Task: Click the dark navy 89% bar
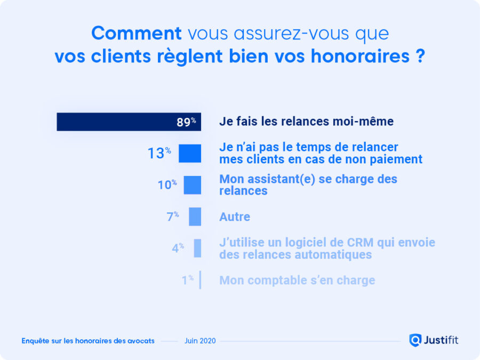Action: click(128, 122)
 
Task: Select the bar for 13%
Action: click(190, 154)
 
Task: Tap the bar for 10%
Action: click(193, 185)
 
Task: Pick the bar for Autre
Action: click(195, 217)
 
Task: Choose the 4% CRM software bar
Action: click(197, 248)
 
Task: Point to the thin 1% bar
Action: click(200, 279)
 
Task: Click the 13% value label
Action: click(159, 154)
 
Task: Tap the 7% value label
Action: click(172, 217)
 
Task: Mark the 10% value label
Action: click(167, 185)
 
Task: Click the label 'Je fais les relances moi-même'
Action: click(306, 122)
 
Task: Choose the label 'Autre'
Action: click(235, 217)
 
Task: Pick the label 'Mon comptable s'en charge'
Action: click(297, 280)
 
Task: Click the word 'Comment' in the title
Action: click(137, 34)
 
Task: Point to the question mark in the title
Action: click(420, 57)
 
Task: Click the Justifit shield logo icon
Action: click(415, 340)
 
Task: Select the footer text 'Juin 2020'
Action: click(200, 341)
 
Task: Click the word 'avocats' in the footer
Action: click(141, 341)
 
